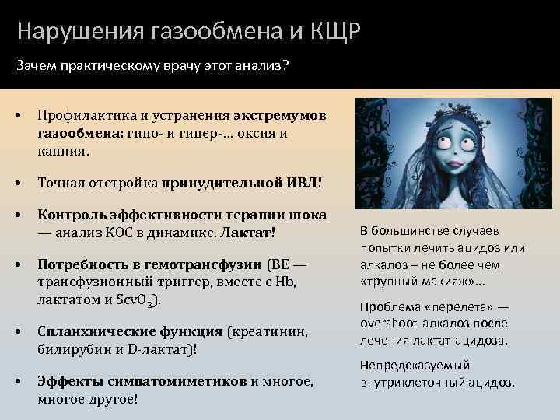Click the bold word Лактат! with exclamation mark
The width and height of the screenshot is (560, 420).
point(248,232)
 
